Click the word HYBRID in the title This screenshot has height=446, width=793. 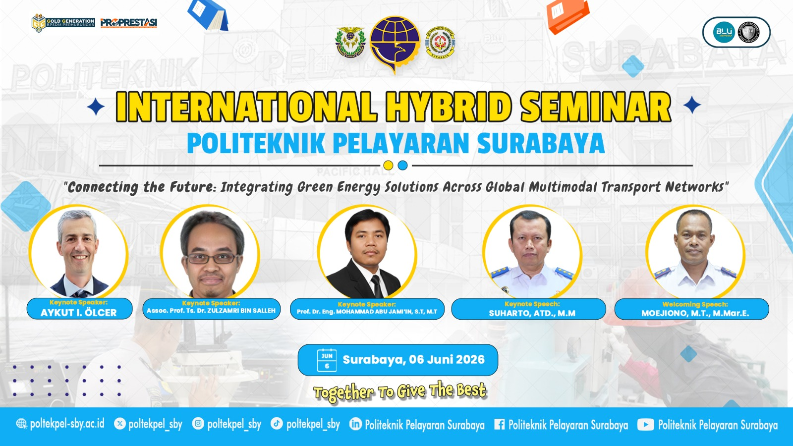click(449, 107)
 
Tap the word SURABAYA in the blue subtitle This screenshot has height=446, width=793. click(541, 144)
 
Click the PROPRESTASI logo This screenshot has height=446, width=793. click(128, 22)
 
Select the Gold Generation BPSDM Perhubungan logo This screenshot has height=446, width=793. click(63, 22)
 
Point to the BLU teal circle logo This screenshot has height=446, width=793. click(724, 32)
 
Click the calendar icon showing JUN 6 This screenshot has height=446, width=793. click(327, 360)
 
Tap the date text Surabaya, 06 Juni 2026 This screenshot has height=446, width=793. click(413, 360)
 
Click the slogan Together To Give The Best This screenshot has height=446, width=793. click(400, 391)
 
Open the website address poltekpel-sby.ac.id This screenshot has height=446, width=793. click(67, 424)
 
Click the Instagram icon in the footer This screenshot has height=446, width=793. click(198, 424)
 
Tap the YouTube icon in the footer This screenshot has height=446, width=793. click(645, 425)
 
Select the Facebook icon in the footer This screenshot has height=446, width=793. click(500, 424)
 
